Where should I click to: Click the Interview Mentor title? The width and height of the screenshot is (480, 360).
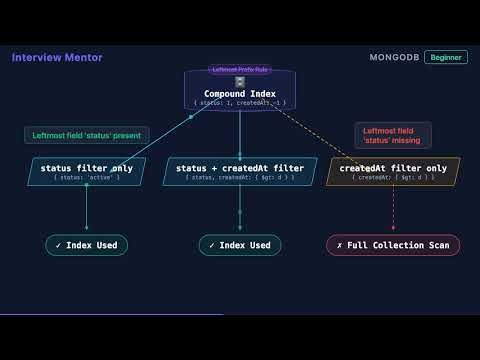(x=57, y=57)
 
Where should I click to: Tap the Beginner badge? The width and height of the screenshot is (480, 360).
(x=445, y=57)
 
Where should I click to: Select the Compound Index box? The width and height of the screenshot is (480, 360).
(x=240, y=91)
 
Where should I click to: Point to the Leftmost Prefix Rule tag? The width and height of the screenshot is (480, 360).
(x=240, y=70)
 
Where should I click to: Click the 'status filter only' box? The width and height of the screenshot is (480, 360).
(x=86, y=171)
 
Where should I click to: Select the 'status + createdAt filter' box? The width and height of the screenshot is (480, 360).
(x=240, y=171)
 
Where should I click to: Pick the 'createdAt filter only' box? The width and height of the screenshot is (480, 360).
(x=393, y=171)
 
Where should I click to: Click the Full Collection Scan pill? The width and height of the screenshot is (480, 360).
(x=393, y=245)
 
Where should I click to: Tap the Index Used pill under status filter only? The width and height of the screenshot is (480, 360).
(x=86, y=245)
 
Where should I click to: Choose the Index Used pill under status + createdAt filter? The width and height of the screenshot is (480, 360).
(x=240, y=245)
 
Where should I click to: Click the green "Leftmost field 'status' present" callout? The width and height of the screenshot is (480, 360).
(x=87, y=135)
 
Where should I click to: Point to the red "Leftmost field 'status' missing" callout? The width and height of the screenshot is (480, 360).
(x=393, y=135)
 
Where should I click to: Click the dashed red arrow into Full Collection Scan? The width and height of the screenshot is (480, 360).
(x=393, y=212)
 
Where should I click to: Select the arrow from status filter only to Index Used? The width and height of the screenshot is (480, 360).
(x=86, y=210)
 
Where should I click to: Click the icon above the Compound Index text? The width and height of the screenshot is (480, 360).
(x=240, y=82)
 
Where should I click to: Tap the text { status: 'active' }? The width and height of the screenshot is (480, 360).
(x=86, y=177)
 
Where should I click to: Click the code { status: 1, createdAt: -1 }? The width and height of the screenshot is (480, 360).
(x=240, y=103)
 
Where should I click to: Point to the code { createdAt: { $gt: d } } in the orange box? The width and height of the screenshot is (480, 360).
(x=393, y=177)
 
